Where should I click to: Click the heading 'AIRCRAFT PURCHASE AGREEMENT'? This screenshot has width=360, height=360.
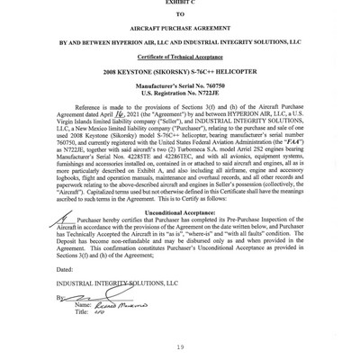179,26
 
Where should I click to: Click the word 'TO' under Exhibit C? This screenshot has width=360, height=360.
179,13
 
